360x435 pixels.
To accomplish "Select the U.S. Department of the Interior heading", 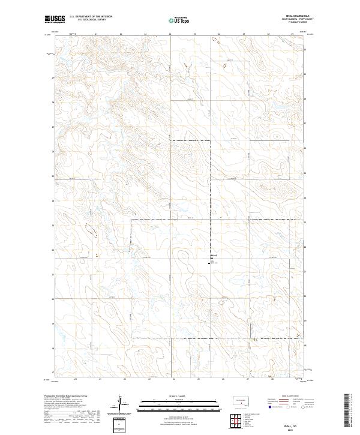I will click(x=91, y=17).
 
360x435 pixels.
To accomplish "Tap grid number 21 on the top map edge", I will click(x=96, y=34).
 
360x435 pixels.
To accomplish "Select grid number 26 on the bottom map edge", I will click(x=223, y=379).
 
